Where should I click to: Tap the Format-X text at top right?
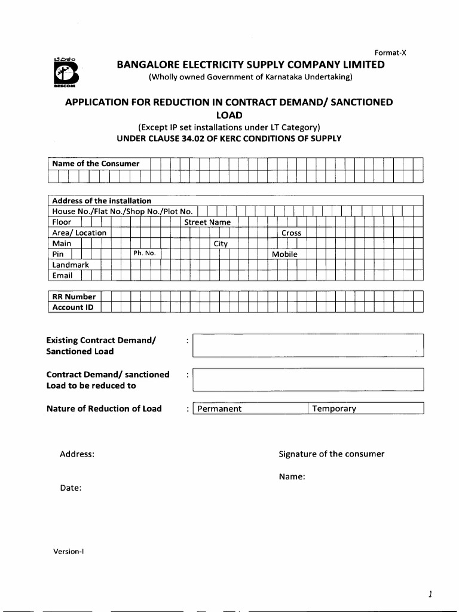[390, 53]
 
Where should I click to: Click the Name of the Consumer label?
[96, 164]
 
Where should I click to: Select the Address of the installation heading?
[102, 201]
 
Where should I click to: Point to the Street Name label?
[207, 222]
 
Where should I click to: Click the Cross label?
[291, 233]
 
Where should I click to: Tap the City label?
[221, 244]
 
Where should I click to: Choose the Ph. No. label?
[144, 253]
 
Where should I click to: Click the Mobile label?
[284, 255]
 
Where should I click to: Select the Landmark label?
[71, 265]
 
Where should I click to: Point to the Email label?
[62, 276]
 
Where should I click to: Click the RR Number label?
[74, 296]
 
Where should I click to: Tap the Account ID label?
[73, 307]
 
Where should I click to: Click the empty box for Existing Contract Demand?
[308, 345]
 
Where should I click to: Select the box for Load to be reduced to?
[308, 380]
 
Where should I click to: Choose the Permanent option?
[219, 409]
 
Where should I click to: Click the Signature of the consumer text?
[331, 454]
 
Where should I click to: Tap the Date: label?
[71, 488]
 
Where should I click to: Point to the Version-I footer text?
[68, 551]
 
